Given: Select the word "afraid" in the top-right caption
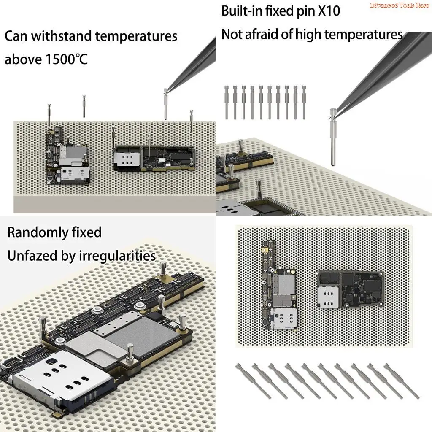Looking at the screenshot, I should [273, 35].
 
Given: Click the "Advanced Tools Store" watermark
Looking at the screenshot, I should [399, 5].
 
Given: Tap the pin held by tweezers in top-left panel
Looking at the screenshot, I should [165, 103].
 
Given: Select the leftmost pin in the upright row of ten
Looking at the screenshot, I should [227, 102].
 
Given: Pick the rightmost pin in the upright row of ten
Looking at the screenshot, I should [304, 102].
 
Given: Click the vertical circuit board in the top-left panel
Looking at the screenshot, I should [67, 156].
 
